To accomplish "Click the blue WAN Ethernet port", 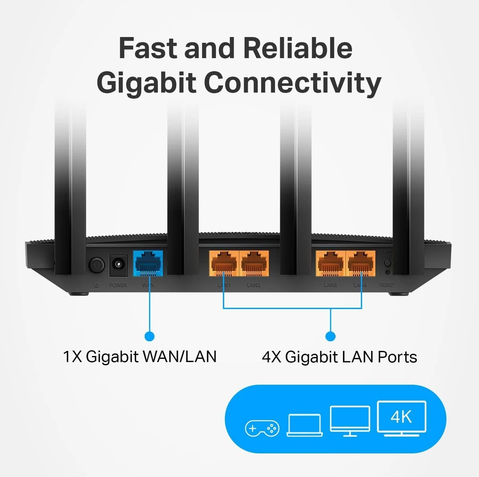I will pos(148,263).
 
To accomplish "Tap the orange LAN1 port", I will pos(224,263).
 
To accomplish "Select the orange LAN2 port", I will pos(254,263).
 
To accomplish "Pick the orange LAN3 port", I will pos(331,263).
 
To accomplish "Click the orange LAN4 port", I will pos(361,263).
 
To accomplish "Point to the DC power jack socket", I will pos(118,265).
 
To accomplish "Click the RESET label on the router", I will pos(387,285).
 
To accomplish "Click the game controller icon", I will pos(262,429).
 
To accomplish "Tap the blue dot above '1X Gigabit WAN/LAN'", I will pos(149,336).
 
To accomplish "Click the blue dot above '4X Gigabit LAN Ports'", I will pos(331,336).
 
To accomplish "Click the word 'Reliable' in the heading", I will pos(298,48).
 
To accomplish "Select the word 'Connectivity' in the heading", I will pos(292,83).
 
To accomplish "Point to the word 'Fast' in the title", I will pos(148,48).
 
